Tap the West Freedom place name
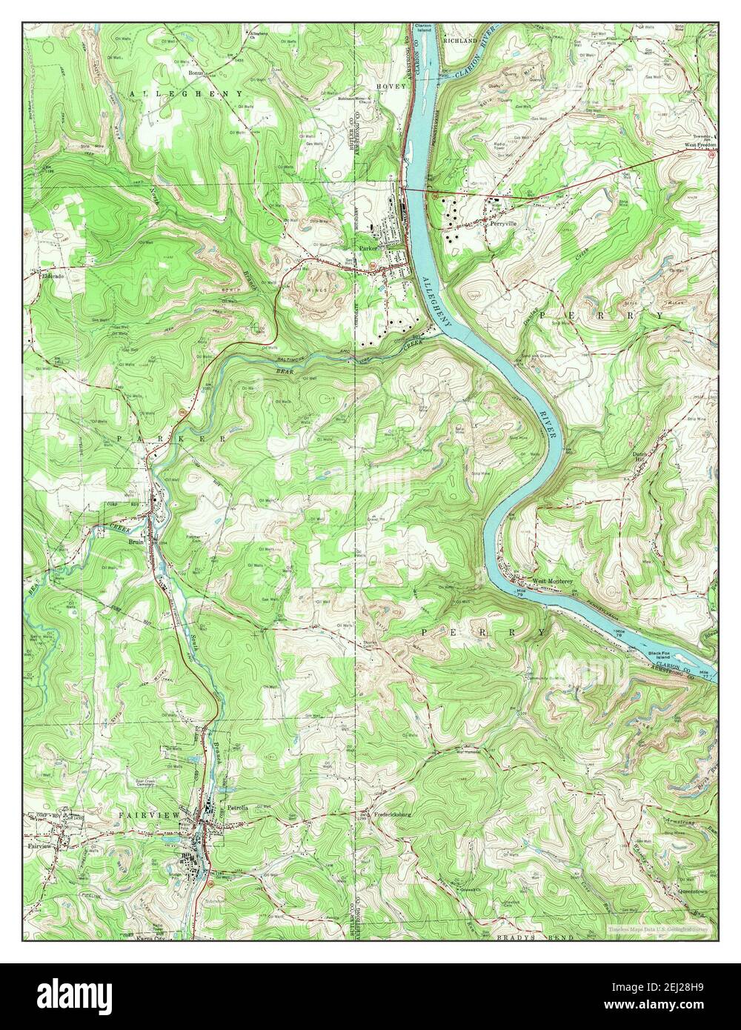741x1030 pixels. [700, 145]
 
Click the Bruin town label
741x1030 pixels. [136, 541]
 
